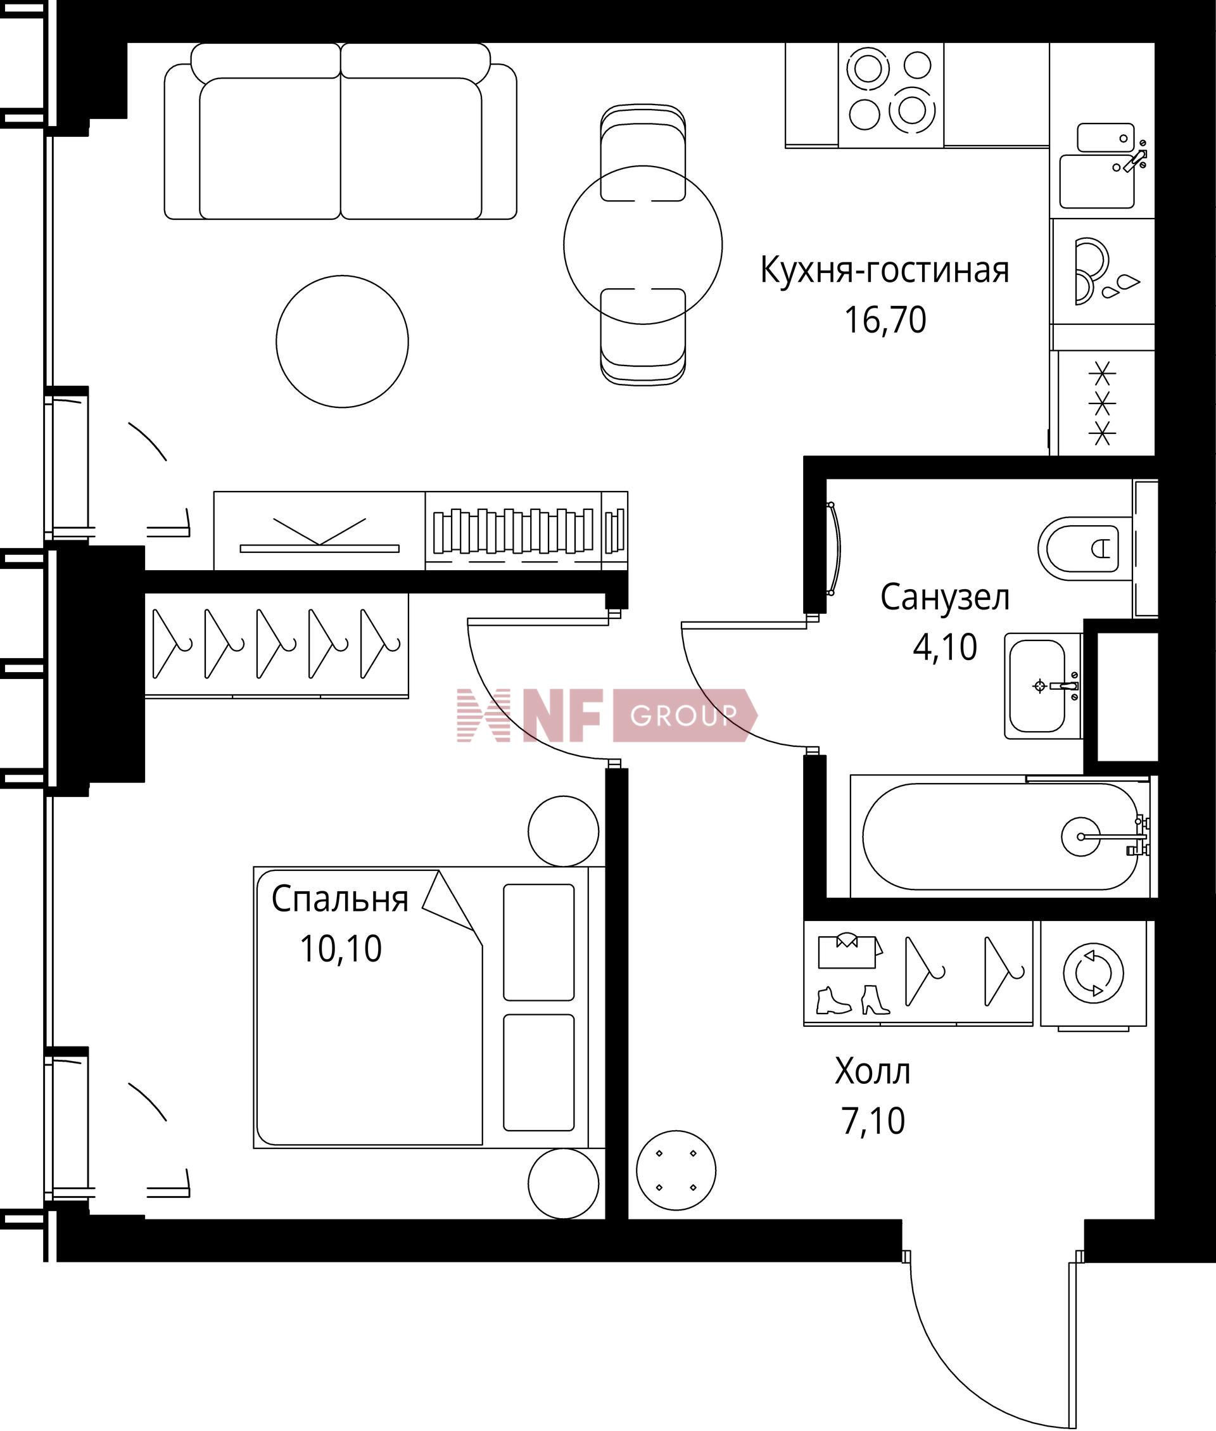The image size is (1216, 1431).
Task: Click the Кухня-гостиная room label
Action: tap(884, 270)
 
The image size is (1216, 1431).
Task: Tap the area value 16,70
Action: tap(885, 320)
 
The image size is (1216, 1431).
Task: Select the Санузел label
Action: tap(945, 597)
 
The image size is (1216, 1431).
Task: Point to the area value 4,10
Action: tap(945, 647)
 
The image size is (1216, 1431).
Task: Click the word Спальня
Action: tap(340, 899)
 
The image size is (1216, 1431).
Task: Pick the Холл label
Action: tap(873, 1072)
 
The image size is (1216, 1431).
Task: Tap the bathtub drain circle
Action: tap(1081, 837)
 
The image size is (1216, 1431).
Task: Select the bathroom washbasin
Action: tap(1042, 686)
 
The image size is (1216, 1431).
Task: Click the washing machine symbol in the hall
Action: tap(1093, 973)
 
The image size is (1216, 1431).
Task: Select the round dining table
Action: tap(642, 245)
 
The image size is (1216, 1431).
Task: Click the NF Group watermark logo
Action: tap(607, 716)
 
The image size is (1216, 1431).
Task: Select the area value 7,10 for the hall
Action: tap(873, 1121)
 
